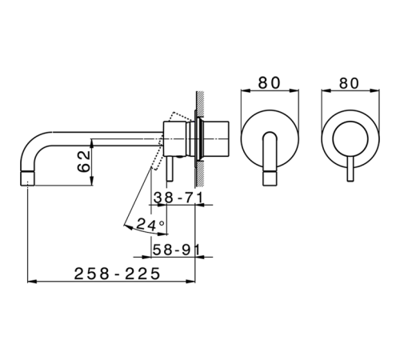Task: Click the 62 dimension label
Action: click(84, 162)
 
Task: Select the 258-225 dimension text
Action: click(117, 274)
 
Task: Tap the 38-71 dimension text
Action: click(178, 198)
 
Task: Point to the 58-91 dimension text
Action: click(176, 250)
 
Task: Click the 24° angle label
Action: click(150, 225)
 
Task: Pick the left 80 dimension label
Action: click(270, 83)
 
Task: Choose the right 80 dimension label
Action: click(349, 83)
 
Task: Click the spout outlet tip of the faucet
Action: click(27, 178)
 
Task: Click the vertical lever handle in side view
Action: click(170, 169)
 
